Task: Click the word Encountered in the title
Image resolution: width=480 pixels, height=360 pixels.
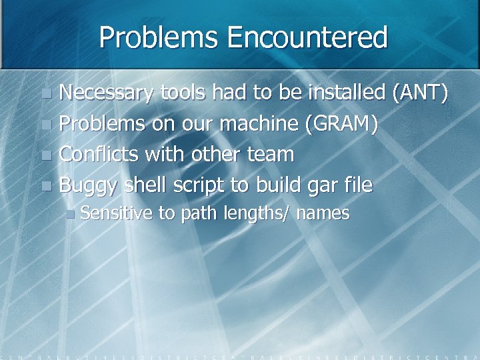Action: [307, 38]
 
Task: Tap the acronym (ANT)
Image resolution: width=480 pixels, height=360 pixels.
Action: [421, 93]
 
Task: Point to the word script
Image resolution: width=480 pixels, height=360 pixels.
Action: [199, 185]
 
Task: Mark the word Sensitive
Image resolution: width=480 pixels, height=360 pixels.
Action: [117, 213]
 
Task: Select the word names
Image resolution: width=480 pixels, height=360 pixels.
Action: [323, 214]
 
